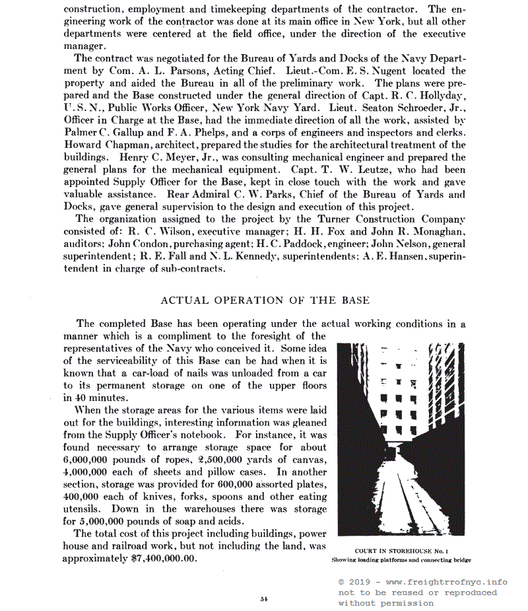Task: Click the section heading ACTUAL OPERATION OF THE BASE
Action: click(265, 300)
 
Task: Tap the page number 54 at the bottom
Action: click(263, 598)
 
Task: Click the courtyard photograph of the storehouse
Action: click(401, 439)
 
